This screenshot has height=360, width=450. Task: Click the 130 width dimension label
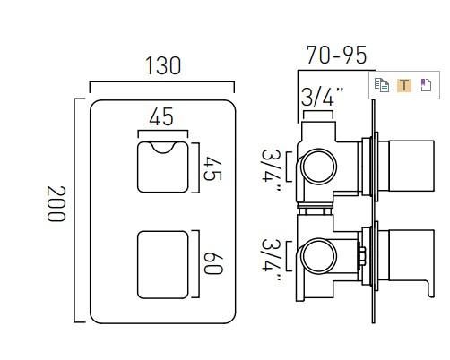161,65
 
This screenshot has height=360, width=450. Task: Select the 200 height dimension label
57,205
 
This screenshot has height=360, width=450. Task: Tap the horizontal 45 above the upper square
162,117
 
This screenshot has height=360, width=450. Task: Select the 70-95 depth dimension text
336,56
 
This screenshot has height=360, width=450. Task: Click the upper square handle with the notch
163,165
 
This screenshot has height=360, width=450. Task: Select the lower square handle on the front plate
163,261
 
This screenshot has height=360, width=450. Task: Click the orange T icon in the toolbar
403,86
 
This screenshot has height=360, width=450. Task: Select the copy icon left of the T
383,86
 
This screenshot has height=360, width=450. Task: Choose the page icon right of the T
425,86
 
